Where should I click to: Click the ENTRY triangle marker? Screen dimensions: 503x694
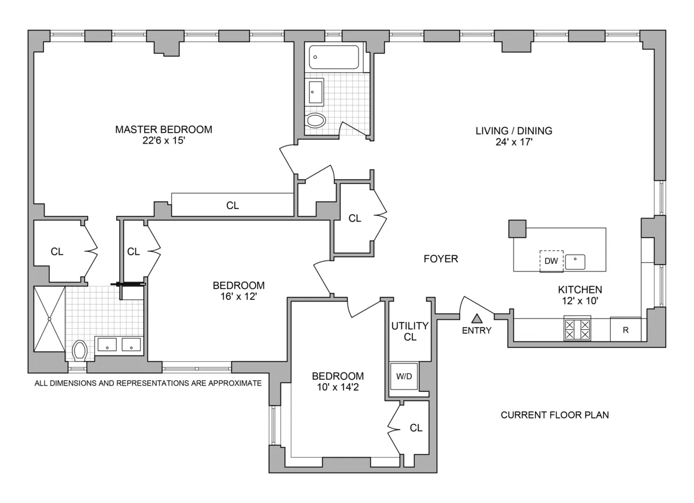pos(477,318)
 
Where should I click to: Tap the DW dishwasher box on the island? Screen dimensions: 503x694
pos(551,260)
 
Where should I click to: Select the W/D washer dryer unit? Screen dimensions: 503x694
pos(404,376)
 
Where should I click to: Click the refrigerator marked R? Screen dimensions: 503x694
pos(625,330)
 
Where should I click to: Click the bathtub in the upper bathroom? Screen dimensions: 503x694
pos(334,57)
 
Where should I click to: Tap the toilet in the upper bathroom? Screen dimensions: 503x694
pos(316,120)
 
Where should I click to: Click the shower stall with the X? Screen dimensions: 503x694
pos(49,319)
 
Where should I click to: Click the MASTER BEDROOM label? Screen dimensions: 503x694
pos(164,130)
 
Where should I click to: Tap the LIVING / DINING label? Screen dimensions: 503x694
pos(514,131)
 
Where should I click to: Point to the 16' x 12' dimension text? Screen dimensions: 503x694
pos(239,296)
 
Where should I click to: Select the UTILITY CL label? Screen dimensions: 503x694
pos(410,331)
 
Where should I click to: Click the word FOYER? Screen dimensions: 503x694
pos(441,259)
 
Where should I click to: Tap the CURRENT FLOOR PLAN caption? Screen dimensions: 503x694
pos(555,415)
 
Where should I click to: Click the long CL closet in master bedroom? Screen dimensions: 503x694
pos(232,205)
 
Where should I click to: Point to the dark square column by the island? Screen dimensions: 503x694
pos(518,228)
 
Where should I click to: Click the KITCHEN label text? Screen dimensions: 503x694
pos(580,289)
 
